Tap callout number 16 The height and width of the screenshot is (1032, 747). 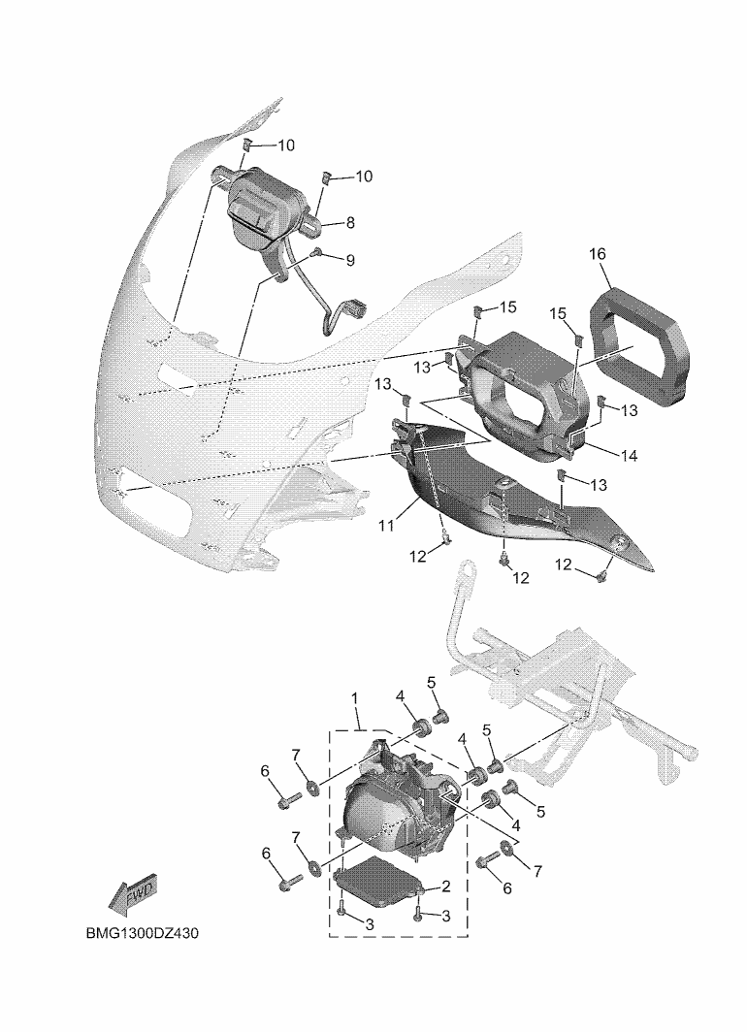(x=599, y=255)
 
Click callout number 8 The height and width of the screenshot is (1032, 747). (x=349, y=223)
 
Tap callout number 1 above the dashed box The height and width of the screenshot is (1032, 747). (x=355, y=698)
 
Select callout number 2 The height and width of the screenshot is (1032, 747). (x=446, y=887)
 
